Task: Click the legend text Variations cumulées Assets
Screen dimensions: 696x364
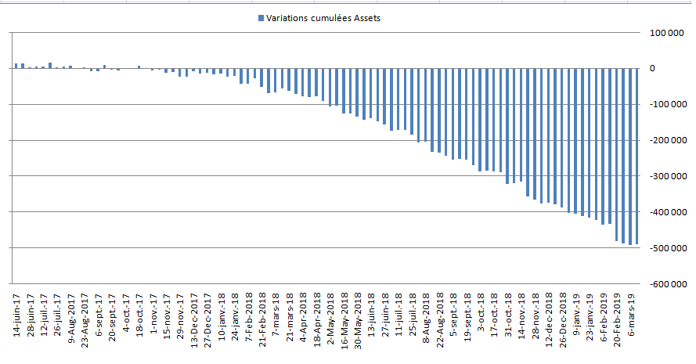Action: click(323, 18)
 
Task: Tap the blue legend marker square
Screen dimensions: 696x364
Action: click(261, 18)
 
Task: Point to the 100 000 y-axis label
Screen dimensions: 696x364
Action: click(667, 34)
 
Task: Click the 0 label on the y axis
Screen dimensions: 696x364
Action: click(652, 68)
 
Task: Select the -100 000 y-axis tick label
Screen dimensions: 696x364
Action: click(669, 104)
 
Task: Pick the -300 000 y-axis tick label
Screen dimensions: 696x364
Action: click(669, 176)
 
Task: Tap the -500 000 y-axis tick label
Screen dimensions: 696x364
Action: click(669, 248)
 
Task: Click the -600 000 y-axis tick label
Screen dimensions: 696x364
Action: click(669, 284)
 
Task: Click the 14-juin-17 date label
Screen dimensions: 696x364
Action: click(17, 315)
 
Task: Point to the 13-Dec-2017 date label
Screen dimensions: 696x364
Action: click(194, 320)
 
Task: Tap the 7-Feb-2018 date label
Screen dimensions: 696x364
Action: click(249, 318)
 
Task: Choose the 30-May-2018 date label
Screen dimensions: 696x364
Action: click(359, 321)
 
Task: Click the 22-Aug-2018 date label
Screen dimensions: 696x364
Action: click(440, 320)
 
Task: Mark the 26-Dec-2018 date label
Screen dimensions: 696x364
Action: click(563, 320)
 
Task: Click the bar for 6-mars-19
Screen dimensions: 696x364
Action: click(630, 157)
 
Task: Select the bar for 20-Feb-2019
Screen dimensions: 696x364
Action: click(617, 154)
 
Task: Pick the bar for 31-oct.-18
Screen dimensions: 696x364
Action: click(507, 126)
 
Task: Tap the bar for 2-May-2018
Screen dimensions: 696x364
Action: click(330, 88)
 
